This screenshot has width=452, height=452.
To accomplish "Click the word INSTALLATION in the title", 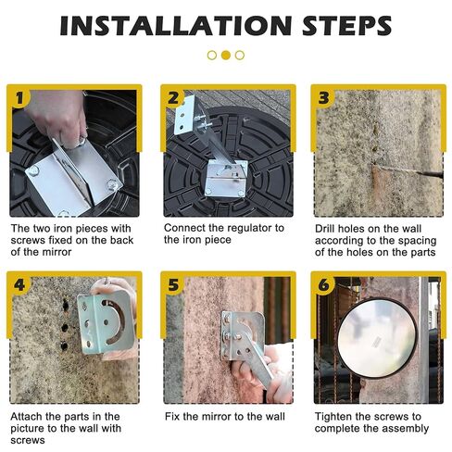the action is click(176, 26).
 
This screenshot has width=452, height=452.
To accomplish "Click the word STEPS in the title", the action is click(347, 26).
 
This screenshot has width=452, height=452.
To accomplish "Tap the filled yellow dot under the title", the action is click(226, 56).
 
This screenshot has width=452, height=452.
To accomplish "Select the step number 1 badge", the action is click(19, 98).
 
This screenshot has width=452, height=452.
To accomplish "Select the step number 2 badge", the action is click(173, 98).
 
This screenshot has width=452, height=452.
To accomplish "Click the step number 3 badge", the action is click(324, 98).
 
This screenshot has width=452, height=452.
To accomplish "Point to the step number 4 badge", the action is click(19, 285).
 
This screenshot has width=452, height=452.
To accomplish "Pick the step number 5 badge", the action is click(173, 285).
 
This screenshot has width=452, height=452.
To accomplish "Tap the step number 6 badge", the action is click(324, 285).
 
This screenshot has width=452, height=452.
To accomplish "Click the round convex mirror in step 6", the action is click(377, 338).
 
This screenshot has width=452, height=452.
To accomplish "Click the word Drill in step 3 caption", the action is click(325, 229).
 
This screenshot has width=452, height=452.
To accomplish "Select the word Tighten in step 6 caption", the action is click(333, 417).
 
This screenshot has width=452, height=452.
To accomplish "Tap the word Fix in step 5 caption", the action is click(172, 417).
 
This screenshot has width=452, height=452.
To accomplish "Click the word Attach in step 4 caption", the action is click(26, 417).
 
